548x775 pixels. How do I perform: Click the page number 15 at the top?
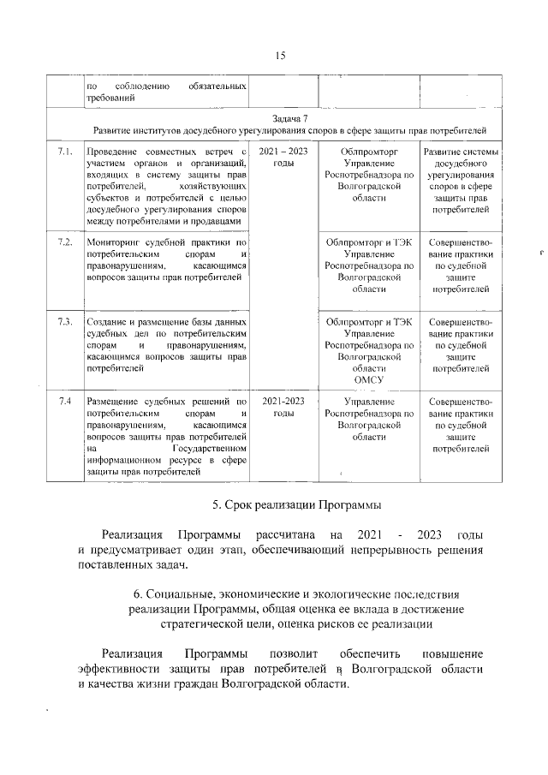pyautogui.click(x=279, y=56)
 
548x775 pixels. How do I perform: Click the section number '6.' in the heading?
pyautogui.click(x=138, y=593)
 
